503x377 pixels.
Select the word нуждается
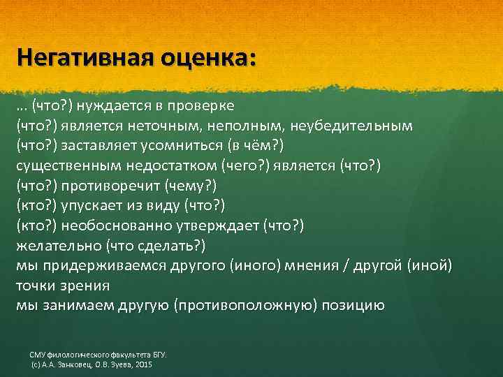112,107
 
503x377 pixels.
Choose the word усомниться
188,147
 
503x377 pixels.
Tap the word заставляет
99,147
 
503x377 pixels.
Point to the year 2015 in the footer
140,366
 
